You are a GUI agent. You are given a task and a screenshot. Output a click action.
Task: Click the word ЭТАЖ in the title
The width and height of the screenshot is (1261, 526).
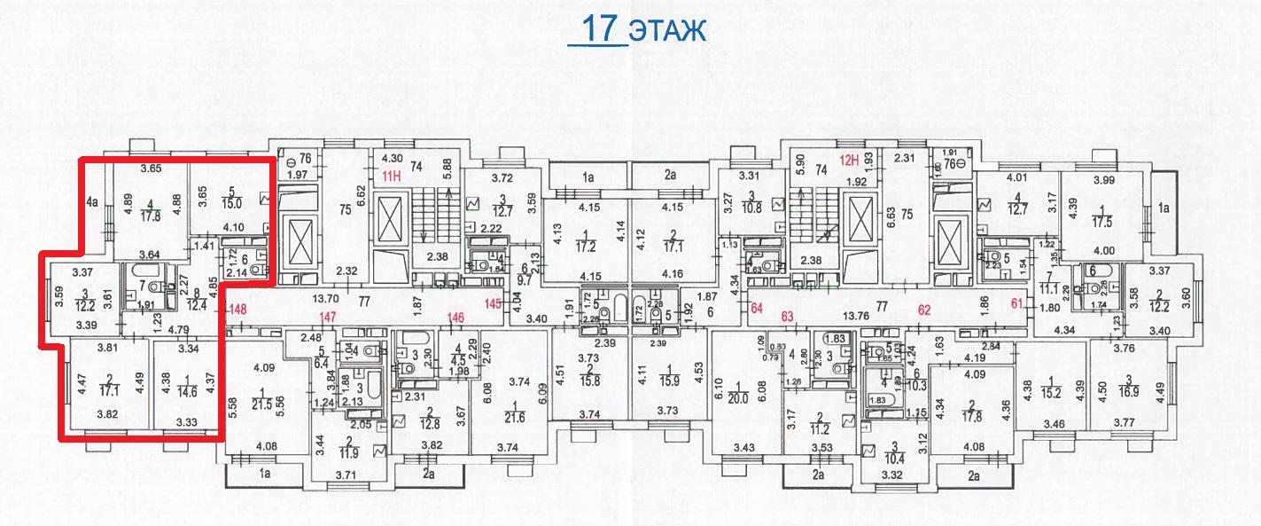point(667,29)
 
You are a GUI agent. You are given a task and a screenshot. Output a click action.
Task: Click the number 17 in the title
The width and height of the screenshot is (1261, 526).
point(600,27)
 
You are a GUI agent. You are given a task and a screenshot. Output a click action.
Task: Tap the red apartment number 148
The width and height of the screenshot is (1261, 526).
point(237,310)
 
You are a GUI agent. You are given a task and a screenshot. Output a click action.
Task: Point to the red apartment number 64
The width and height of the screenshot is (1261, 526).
point(757,309)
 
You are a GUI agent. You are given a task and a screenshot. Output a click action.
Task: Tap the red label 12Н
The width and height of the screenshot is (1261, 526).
point(850,161)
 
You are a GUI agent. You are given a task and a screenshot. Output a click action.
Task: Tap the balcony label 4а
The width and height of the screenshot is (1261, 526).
point(91,201)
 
